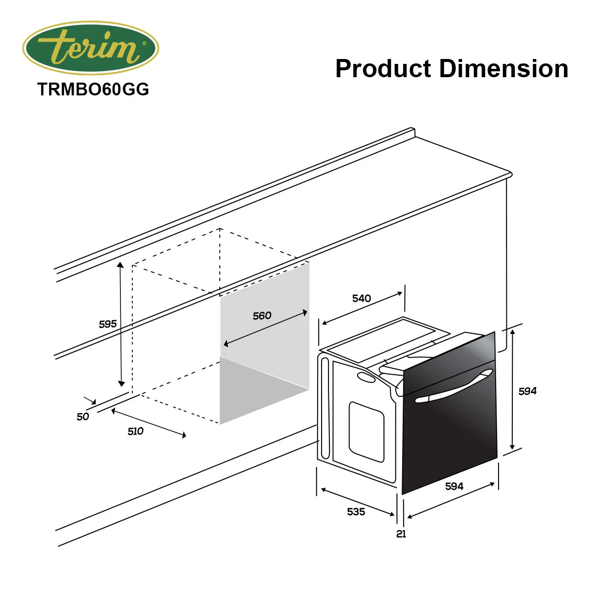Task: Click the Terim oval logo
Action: (90, 48)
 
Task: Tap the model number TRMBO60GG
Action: (93, 89)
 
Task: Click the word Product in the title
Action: (383, 68)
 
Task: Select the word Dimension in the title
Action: (503, 68)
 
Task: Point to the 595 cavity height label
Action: (108, 324)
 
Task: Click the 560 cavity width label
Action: (262, 316)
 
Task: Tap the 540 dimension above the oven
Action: (361, 298)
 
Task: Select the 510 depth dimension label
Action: (135, 431)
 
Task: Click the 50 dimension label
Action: (83, 416)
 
